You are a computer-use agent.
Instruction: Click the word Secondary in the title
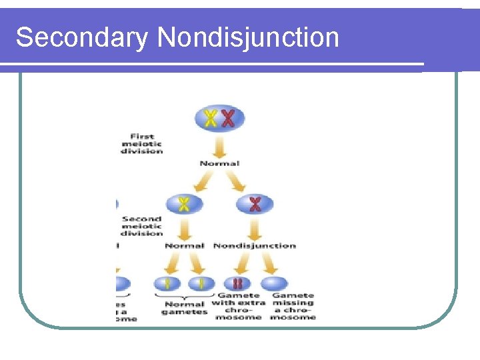[81, 37]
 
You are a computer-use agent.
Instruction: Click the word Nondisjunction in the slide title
[248, 37]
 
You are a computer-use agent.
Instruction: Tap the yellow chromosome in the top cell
[211, 119]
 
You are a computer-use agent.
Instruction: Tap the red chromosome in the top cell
[229, 119]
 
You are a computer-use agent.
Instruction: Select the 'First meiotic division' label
[141, 144]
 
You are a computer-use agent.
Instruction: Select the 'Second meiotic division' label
[141, 225]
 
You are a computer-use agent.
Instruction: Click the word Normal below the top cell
[219, 163]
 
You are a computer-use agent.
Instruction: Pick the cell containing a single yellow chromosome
[183, 204]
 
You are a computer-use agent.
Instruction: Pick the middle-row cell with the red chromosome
[255, 204]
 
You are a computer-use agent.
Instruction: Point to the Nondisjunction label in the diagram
[255, 246]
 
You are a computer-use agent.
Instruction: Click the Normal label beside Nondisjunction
[184, 246]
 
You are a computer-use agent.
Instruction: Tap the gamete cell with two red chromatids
[237, 283]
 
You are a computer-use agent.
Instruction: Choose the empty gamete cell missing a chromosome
[275, 283]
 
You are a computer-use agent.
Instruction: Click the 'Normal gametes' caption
[184, 307]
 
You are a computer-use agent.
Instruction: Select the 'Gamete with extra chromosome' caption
[238, 307]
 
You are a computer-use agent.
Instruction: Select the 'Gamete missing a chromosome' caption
[293, 307]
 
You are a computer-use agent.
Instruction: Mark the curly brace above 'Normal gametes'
[185, 295]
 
